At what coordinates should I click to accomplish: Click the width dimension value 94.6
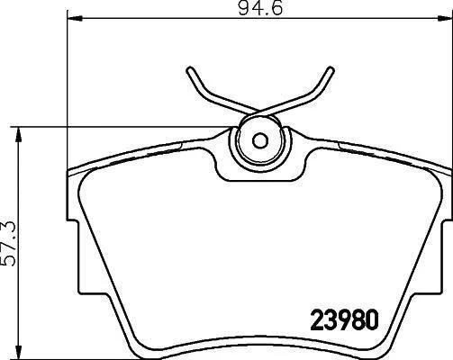click(260, 8)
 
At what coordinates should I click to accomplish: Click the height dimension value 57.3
click(8, 244)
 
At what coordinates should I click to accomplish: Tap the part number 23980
click(344, 320)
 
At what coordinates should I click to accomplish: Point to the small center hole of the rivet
click(260, 140)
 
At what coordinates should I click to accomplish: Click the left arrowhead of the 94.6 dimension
click(75, 19)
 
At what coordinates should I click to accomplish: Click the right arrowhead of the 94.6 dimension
click(445, 19)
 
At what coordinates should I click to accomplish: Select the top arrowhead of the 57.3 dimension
click(19, 134)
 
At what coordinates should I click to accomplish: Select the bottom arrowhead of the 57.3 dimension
click(19, 351)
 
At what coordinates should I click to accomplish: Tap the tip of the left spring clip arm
click(189, 69)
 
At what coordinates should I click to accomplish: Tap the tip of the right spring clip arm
click(331, 69)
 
